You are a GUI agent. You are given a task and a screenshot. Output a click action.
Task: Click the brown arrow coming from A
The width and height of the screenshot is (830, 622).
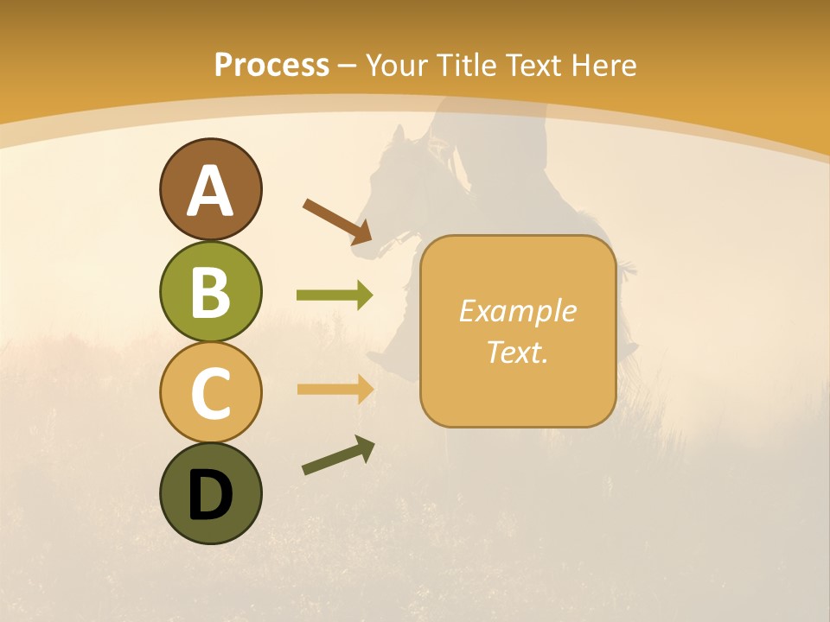click(x=337, y=221)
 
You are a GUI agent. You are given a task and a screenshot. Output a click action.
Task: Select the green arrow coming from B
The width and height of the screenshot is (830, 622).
click(x=335, y=295)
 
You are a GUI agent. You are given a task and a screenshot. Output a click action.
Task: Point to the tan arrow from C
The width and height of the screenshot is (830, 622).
click(x=335, y=389)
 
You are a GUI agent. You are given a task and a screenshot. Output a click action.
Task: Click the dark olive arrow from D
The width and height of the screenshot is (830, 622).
click(x=338, y=456)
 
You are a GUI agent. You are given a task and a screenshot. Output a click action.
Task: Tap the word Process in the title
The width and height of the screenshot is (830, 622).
click(x=271, y=65)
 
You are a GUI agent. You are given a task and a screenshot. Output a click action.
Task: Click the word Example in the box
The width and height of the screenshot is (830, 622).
click(x=517, y=311)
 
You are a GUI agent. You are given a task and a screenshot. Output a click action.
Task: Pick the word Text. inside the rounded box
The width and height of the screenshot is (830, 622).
click(x=517, y=352)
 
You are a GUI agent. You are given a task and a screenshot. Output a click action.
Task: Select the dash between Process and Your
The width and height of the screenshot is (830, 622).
click(x=348, y=67)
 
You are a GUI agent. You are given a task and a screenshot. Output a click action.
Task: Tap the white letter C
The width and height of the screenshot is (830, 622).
click(x=210, y=393)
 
